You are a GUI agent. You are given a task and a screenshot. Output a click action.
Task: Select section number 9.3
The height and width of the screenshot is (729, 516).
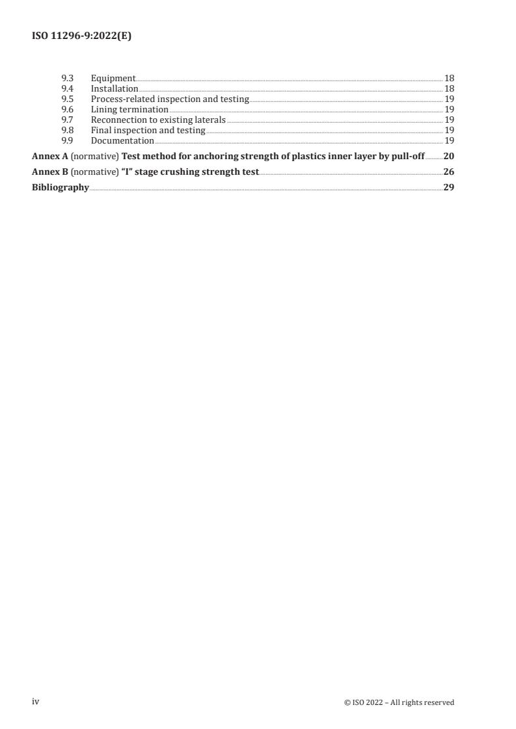click(x=66, y=78)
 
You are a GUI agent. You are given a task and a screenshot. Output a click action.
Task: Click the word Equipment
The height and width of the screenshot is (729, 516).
click(x=113, y=78)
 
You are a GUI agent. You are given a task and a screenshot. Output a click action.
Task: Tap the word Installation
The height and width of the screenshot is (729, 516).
click(x=114, y=88)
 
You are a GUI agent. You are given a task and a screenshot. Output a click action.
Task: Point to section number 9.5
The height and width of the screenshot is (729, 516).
click(x=66, y=99)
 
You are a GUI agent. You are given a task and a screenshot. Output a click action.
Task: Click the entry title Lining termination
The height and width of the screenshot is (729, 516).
click(x=129, y=109)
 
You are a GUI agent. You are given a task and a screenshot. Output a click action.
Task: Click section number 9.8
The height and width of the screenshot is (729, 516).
click(x=66, y=130)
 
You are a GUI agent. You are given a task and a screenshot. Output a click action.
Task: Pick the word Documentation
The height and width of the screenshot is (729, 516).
click(x=122, y=140)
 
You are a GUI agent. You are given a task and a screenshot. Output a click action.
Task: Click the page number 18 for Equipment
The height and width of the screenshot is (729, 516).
click(x=449, y=78)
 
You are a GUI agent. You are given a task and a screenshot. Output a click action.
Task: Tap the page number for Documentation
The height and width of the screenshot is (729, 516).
click(x=449, y=140)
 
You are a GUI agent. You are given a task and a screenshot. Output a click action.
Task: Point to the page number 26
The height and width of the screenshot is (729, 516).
click(x=448, y=172)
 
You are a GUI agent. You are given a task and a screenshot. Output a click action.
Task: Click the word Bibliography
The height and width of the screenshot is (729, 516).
click(x=61, y=188)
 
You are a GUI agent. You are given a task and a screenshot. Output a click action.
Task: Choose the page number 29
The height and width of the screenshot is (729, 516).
click(x=448, y=188)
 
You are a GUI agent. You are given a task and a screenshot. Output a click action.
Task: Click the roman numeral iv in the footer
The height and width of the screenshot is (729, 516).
click(x=36, y=702)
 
